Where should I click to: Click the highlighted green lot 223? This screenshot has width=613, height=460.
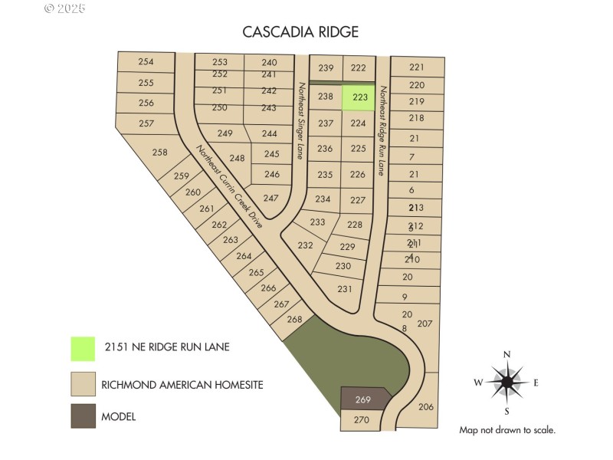tap(359, 97)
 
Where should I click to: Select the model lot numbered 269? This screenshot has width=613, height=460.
tap(364, 399)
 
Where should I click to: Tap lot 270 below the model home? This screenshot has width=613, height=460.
tap(362, 419)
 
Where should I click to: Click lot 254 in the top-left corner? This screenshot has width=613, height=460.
tap(146, 62)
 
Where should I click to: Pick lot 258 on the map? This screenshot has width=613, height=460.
tap(159, 153)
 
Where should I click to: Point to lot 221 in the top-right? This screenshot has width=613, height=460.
tap(417, 67)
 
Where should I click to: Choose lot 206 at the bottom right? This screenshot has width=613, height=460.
tap(427, 407)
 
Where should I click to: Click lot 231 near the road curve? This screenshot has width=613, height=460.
tap(344, 289)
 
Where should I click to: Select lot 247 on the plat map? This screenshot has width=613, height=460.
tap(270, 198)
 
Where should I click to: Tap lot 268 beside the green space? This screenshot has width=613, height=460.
tap(294, 319)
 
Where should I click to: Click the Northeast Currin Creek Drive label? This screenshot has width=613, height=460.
tap(230, 187)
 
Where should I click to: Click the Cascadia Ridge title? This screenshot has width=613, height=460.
tap(300, 31)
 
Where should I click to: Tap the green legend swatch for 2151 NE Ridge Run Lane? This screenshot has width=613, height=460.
tap(83, 349)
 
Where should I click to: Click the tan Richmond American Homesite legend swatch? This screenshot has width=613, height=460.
tap(83, 383)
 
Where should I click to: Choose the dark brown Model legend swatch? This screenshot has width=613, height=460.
tap(83, 416)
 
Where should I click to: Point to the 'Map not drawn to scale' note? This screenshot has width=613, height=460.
tap(507, 430)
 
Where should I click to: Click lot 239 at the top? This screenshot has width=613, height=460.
tap(326, 68)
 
